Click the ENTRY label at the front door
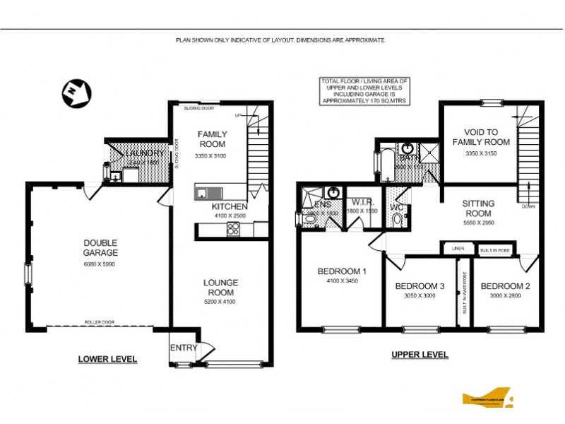184,347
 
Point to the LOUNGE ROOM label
220,287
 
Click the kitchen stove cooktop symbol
232,228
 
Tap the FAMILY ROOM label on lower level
211,139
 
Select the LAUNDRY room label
145,153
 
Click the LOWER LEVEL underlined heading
107,360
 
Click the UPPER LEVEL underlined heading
420,355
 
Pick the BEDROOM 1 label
342,271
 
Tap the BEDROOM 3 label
420,286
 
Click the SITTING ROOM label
477,208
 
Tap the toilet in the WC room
398,220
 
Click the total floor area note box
366,91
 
